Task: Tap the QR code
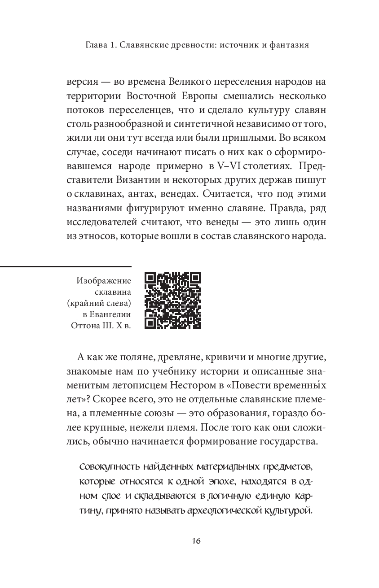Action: point(173,301)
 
